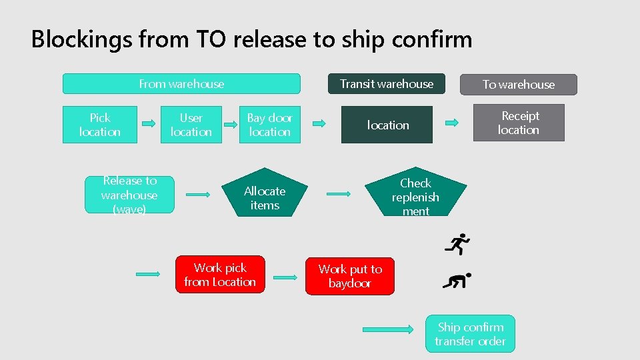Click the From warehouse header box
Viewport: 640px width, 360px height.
pos(181,84)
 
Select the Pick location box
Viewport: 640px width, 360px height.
pos(100,125)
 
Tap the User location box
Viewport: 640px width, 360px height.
pos(191,125)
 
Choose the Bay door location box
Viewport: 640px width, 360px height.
pos(270,125)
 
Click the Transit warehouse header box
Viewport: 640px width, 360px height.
pos(386,84)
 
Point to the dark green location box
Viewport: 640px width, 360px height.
pos(387,125)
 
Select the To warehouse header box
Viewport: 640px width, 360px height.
pos(519,85)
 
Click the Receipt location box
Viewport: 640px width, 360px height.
pos(519,123)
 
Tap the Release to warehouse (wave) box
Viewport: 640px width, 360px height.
pos(129,195)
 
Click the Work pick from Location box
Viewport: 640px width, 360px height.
pos(220,275)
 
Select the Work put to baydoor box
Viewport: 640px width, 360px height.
pos(350,276)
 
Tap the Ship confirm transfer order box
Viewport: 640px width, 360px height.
pos(471,334)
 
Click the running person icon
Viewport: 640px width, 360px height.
pos(457,245)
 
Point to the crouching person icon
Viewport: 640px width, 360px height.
pos(457,281)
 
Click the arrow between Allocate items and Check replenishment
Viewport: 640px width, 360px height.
pos(339,194)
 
